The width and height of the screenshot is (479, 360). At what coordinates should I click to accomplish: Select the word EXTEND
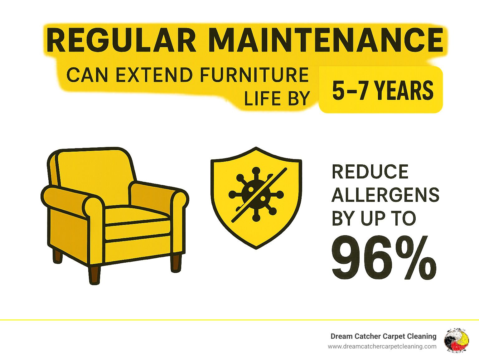[154, 75]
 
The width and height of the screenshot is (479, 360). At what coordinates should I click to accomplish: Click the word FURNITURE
[254, 75]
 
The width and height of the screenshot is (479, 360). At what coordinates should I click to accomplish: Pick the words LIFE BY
[277, 99]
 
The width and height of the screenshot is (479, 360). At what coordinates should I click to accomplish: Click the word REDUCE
[370, 172]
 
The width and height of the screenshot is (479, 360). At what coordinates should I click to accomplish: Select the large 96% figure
[384, 258]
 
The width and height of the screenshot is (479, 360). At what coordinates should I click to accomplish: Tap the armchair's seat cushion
[138, 215]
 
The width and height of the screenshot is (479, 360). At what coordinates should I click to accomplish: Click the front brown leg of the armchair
[94, 275]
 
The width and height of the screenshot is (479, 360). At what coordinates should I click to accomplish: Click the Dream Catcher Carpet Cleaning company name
[383, 336]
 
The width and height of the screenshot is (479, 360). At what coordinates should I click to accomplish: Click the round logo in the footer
[456, 340]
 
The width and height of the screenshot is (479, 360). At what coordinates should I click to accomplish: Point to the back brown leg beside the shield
[176, 263]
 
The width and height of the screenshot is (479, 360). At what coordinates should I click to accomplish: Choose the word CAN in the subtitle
[87, 75]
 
